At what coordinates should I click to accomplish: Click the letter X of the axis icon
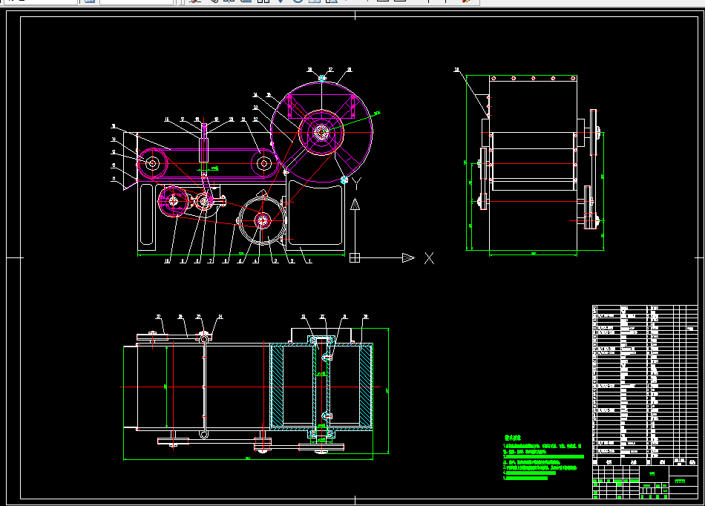click(x=429, y=258)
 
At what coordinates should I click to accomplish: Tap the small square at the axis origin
click(x=355, y=257)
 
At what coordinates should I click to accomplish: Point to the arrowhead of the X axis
click(x=407, y=257)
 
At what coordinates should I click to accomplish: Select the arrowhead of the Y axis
click(x=355, y=206)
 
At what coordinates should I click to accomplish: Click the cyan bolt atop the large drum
click(x=322, y=77)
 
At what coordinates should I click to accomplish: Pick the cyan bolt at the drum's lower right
click(x=344, y=180)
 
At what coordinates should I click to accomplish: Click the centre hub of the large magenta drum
click(x=321, y=134)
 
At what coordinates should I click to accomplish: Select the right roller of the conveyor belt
click(x=263, y=163)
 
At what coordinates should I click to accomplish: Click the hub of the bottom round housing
click(x=263, y=220)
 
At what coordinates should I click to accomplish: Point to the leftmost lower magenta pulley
click(x=173, y=200)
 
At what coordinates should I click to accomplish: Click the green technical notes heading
click(x=514, y=438)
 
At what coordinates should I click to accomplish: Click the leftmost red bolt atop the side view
click(x=493, y=76)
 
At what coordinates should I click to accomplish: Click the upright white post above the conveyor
click(x=204, y=145)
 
